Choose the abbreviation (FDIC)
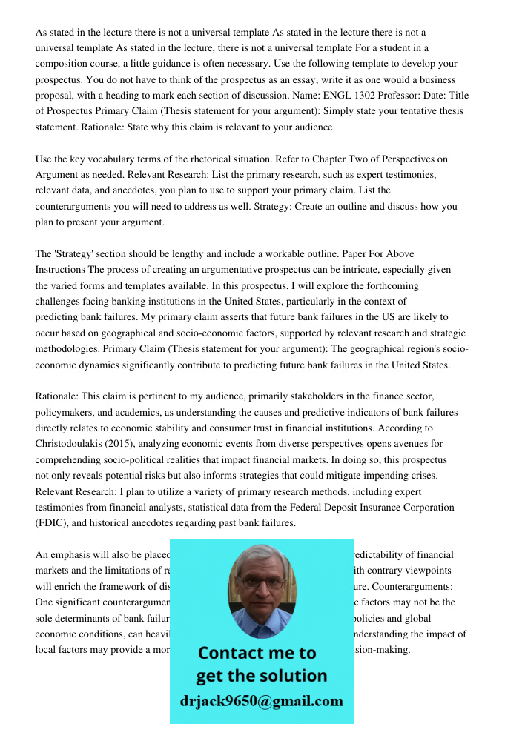click(53, 522)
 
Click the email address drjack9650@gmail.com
click(261, 701)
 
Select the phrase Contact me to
click(257, 653)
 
